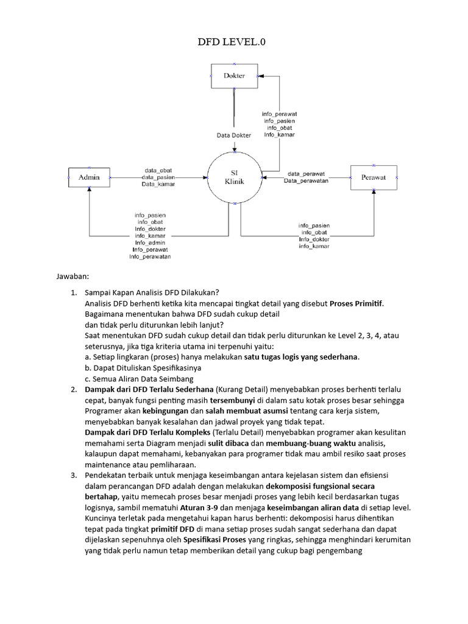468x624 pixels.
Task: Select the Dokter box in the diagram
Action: coord(234,76)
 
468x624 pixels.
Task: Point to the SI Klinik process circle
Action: coord(234,177)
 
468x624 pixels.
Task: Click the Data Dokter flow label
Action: coord(234,135)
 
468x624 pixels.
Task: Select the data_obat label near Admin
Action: coord(158,170)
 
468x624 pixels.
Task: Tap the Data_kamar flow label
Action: coord(158,183)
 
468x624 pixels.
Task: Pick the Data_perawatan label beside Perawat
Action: coord(306,181)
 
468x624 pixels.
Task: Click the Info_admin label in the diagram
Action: coord(150,243)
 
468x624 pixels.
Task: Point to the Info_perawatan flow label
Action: coord(150,257)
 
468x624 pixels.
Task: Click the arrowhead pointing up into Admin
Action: coord(89,190)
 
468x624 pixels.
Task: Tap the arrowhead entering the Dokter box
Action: coord(260,76)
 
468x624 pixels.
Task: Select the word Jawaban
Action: coord(72,277)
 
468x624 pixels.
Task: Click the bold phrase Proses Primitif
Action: coord(357,303)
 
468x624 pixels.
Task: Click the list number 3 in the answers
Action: coord(74,474)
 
